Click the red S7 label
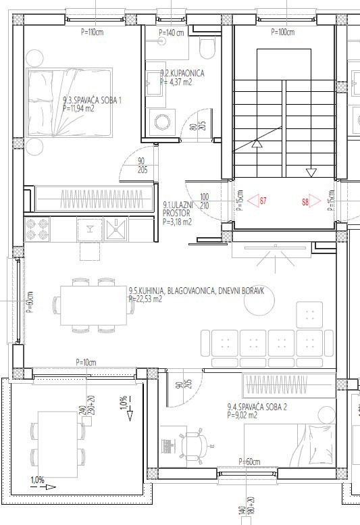point(263,201)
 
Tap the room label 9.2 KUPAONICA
point(182,73)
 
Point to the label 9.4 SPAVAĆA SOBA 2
point(257,407)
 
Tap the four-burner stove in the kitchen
point(36,230)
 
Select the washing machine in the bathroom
point(161,122)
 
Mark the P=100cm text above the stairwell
point(282,32)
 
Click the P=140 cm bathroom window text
point(171,32)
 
